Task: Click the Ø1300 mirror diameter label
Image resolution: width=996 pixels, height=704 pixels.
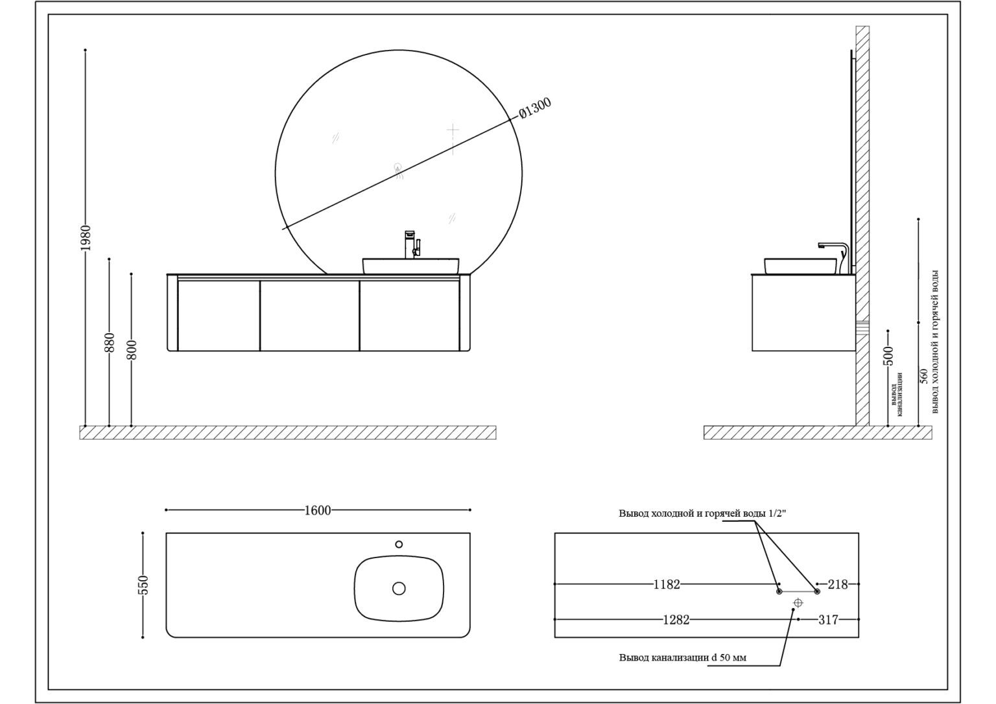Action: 536,108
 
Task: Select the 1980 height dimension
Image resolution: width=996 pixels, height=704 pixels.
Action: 86,238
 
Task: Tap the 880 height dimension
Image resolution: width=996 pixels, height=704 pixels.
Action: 110,342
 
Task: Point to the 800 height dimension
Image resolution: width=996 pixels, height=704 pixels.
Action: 132,349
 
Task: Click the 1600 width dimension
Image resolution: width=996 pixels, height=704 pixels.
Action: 318,510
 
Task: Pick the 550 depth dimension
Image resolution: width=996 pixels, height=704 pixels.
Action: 143,585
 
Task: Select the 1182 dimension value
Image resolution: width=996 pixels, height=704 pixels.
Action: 667,585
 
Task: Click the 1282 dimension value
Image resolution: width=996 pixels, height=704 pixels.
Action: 676,620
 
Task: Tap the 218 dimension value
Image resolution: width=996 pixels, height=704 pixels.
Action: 838,585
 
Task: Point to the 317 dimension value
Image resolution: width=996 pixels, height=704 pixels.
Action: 828,620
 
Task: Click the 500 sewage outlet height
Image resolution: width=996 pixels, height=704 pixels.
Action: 888,355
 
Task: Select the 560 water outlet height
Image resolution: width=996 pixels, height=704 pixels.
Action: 923,376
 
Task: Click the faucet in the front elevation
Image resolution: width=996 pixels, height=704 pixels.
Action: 412,244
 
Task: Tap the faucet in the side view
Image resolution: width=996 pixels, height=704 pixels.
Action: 834,258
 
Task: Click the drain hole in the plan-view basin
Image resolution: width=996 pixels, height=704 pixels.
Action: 399,589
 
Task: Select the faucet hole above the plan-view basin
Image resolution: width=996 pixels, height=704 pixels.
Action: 399,544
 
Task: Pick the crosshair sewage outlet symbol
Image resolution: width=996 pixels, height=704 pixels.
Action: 798,603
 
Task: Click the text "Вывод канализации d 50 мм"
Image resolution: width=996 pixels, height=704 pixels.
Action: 683,657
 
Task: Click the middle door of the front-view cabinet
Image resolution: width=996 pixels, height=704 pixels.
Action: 309,316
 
